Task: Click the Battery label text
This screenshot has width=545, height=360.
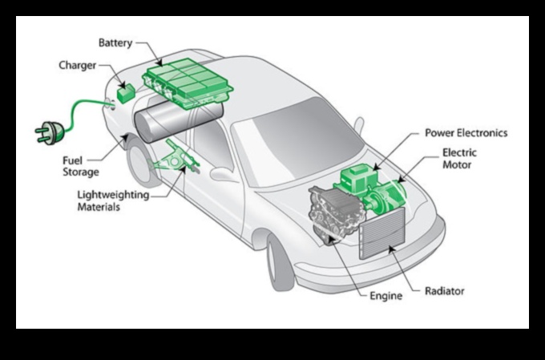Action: pos(115,42)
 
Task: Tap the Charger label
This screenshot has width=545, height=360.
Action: pos(79,65)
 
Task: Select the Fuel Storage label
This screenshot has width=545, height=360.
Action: pos(81,166)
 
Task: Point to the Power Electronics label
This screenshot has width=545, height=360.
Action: pos(466,132)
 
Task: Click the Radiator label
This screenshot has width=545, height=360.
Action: pos(445,291)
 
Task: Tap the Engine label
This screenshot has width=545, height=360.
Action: pos(386,296)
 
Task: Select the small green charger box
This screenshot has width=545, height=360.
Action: pos(125,93)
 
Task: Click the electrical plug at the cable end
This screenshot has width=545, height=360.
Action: pos(46,131)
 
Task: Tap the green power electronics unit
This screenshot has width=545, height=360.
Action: pos(353,180)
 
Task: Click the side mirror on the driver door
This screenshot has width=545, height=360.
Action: pos(224,175)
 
